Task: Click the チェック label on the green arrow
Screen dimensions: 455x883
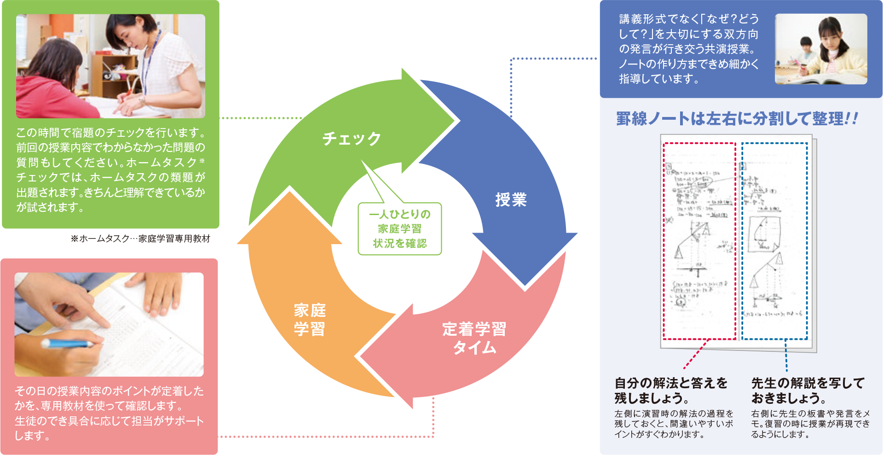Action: pos(352,138)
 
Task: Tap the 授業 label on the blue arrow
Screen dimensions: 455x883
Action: pos(511,199)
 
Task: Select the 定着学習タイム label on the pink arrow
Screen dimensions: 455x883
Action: pos(474,338)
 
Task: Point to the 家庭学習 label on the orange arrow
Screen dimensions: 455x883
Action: pos(310,320)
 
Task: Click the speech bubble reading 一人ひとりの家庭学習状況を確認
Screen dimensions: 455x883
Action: pos(399,229)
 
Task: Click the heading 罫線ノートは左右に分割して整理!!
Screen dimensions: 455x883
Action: pos(737,119)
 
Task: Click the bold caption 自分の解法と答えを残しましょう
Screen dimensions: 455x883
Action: pos(671,390)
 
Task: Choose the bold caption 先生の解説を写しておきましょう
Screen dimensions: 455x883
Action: pos(808,390)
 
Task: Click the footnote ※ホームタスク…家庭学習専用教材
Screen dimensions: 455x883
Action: pos(140,239)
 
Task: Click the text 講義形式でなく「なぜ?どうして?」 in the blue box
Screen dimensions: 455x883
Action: pos(688,26)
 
